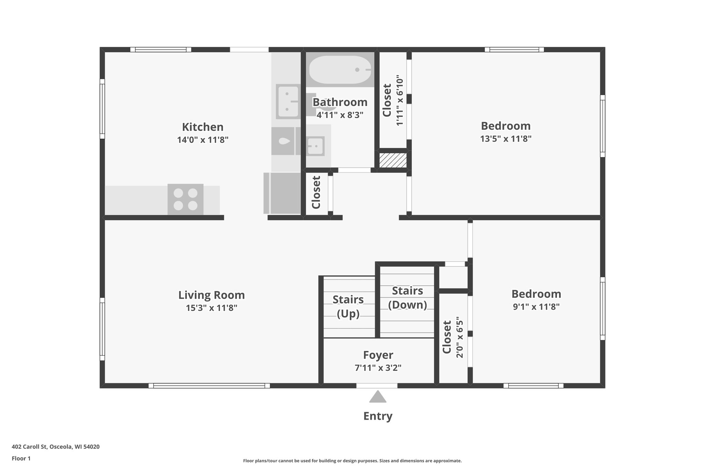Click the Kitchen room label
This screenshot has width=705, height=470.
tap(203, 127)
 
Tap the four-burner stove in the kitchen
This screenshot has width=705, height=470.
tap(185, 199)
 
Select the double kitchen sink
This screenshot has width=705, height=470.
tap(287, 102)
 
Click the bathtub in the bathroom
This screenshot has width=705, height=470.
tap(340, 70)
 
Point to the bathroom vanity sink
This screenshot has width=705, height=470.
tap(315, 146)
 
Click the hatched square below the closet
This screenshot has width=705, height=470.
tap(393, 160)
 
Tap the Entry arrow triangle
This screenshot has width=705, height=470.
tap(378, 397)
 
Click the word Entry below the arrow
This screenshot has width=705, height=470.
tap(378, 416)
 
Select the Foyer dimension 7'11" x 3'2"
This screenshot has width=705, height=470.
tap(378, 368)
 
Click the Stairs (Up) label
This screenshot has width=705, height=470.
tap(348, 306)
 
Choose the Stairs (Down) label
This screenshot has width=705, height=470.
tap(407, 297)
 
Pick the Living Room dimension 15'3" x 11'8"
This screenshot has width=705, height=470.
tap(211, 308)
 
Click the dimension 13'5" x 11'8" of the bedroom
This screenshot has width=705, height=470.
tap(506, 139)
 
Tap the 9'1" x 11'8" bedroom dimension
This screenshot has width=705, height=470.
tap(536, 307)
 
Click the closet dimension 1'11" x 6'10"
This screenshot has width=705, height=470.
tap(399, 101)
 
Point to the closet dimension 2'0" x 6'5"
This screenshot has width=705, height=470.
tap(460, 339)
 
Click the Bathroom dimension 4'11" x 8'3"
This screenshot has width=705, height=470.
tap(340, 115)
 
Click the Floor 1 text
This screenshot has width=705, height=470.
tap(21, 459)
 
